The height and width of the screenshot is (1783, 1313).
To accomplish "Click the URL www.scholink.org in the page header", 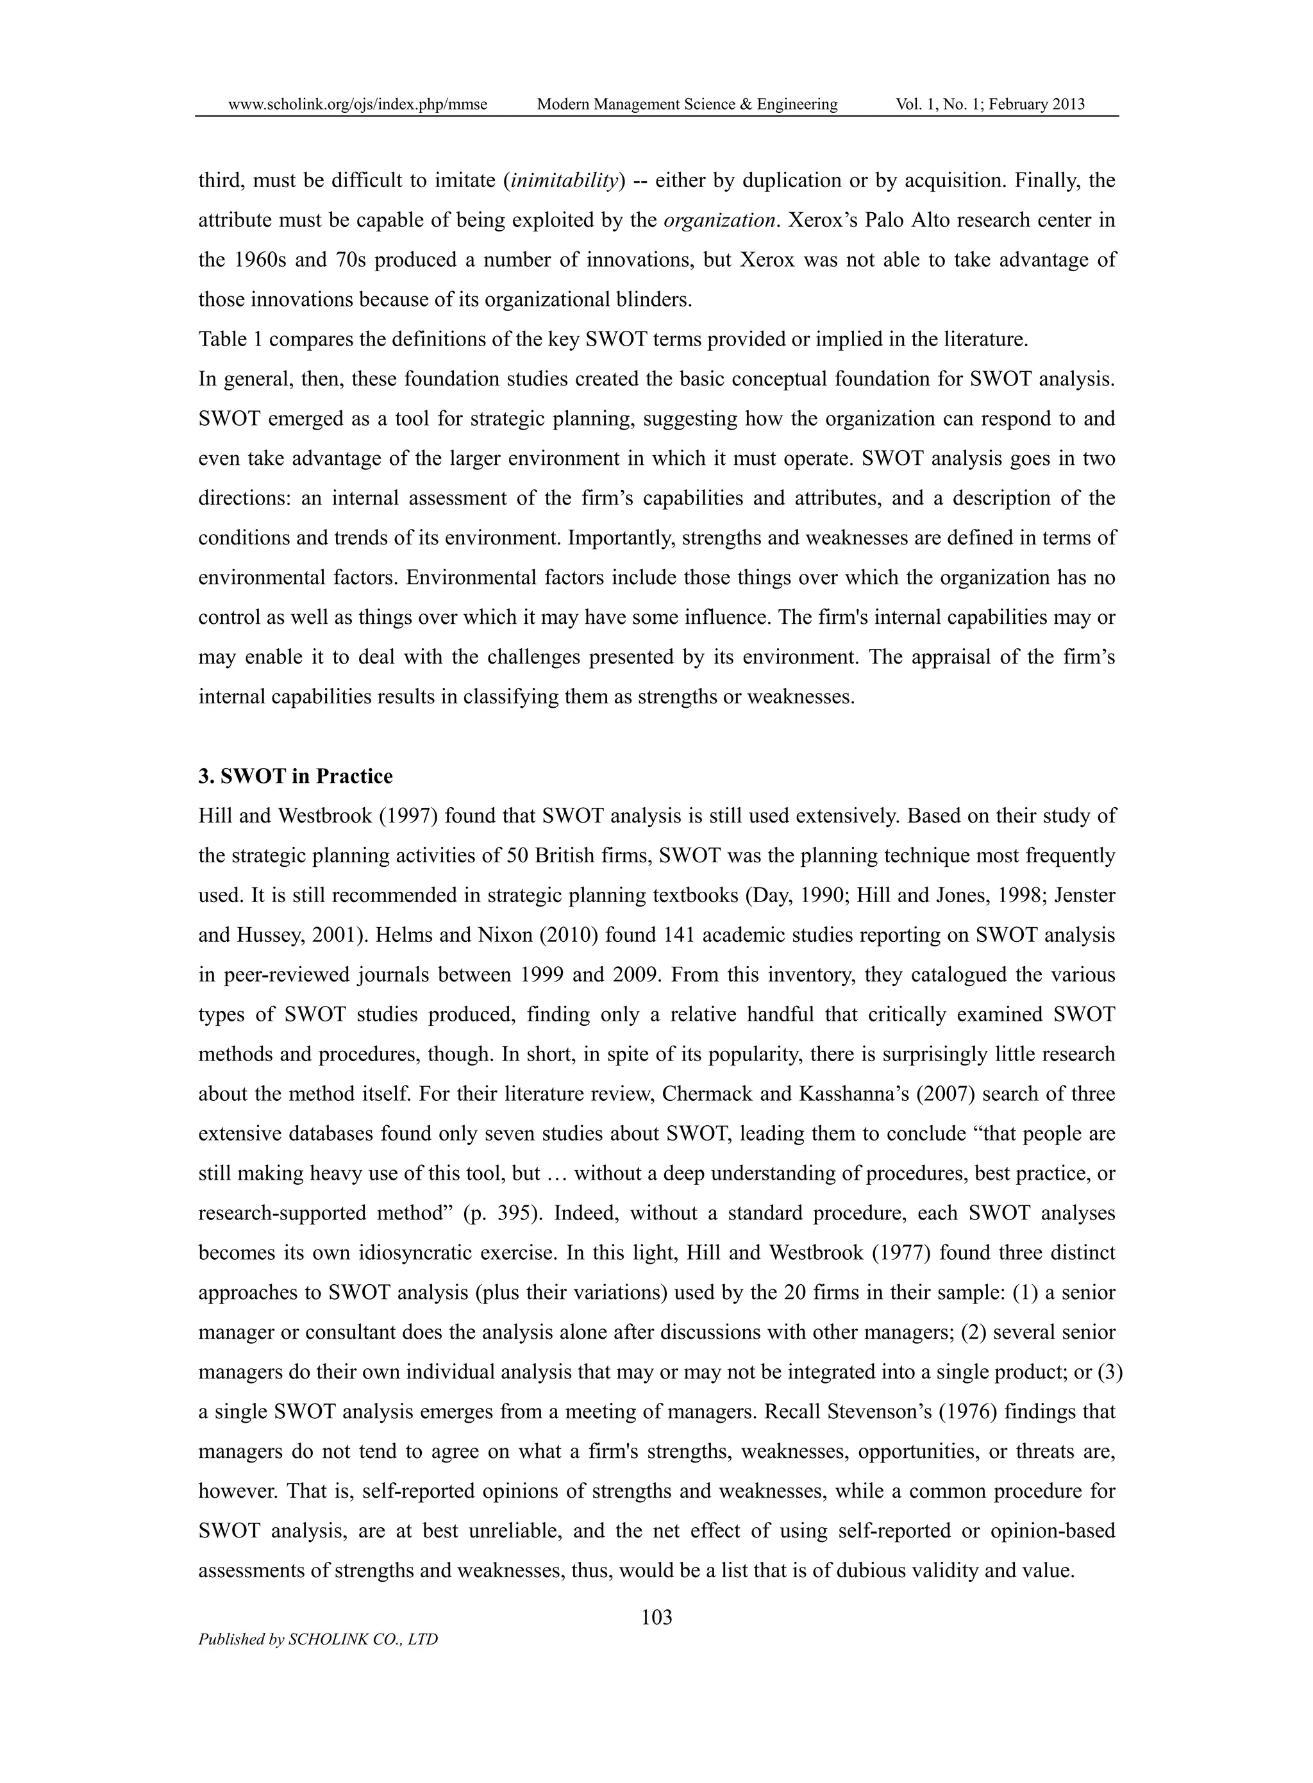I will click(357, 104).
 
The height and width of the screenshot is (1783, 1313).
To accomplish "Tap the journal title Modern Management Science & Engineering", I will click(687, 104).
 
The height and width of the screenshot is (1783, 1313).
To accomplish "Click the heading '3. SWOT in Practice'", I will click(295, 776).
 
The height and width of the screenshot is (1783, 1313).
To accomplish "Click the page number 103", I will click(656, 1617).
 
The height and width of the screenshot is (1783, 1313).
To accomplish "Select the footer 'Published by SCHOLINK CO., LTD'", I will click(318, 1640).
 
